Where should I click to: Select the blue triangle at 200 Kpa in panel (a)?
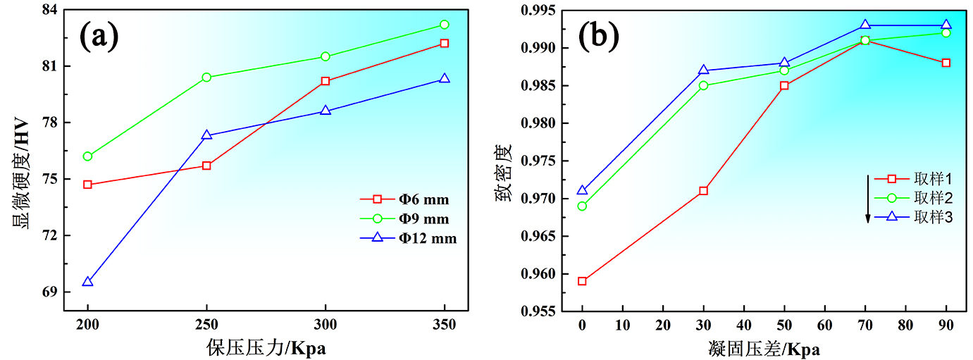pos(87,282)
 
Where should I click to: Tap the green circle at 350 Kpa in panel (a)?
pos(444,25)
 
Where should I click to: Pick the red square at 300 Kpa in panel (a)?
pos(325,81)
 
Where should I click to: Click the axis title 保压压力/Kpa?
pos(266,348)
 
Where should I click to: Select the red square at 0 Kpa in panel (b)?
pos(582,281)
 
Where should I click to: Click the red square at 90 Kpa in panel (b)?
pos(946,63)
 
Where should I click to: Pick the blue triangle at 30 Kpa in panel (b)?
pos(703,70)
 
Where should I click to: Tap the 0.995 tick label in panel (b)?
pos(537,11)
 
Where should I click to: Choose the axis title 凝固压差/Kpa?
pos(764,348)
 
